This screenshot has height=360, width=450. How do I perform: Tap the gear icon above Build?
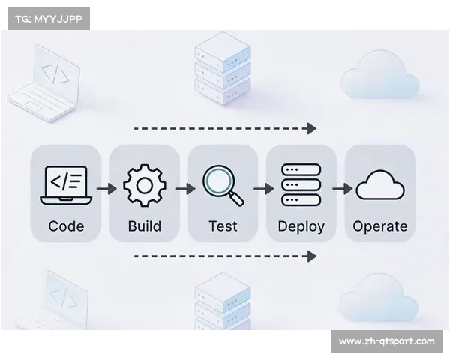click(144, 184)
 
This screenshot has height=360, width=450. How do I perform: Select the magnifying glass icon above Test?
click(223, 185)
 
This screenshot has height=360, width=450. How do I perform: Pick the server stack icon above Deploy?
click(301, 185)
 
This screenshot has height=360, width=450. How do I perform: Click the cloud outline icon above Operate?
click(379, 185)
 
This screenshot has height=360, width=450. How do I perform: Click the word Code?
click(66, 226)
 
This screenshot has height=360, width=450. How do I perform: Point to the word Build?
click(144, 226)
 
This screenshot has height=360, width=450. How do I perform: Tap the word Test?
click(223, 226)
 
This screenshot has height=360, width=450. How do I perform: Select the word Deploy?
click(301, 226)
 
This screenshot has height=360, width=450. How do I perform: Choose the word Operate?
click(380, 226)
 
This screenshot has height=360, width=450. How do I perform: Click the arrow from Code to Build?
click(106, 188)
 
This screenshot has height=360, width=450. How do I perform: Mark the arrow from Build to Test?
click(184, 188)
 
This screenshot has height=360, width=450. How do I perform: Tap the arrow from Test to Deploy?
click(263, 188)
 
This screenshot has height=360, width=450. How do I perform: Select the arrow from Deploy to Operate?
click(342, 188)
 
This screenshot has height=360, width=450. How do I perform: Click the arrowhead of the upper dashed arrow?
click(312, 128)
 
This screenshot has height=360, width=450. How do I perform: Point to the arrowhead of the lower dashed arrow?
click(312, 256)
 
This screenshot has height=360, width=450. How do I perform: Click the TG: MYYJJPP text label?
click(47, 18)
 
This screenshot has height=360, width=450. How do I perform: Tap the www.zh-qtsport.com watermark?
click(386, 341)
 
